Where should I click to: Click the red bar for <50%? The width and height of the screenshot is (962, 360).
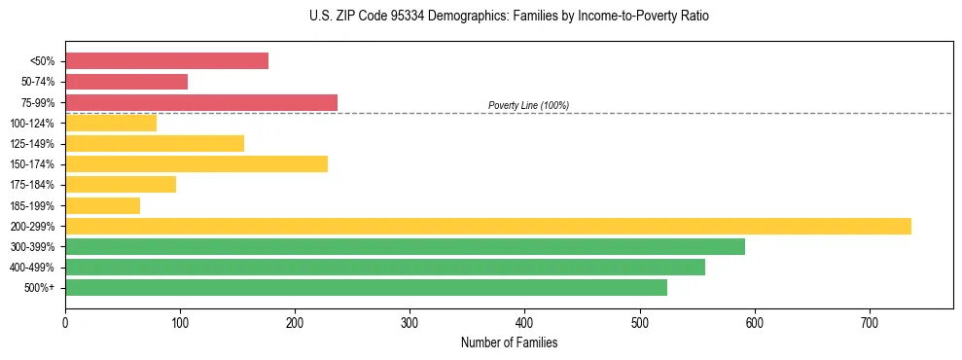166,61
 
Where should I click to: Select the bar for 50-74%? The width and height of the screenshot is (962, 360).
126,82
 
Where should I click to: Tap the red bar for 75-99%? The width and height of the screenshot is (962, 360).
201,102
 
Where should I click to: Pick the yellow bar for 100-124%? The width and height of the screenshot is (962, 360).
111,124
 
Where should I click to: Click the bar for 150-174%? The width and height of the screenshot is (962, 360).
196,164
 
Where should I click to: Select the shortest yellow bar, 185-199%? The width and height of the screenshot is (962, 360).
102,205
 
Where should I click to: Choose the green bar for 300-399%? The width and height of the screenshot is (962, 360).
405,247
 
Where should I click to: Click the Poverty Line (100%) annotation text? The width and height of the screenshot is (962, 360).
528,105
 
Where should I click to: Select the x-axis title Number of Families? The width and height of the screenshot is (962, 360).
509,342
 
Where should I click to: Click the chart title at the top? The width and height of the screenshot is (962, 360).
509,17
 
